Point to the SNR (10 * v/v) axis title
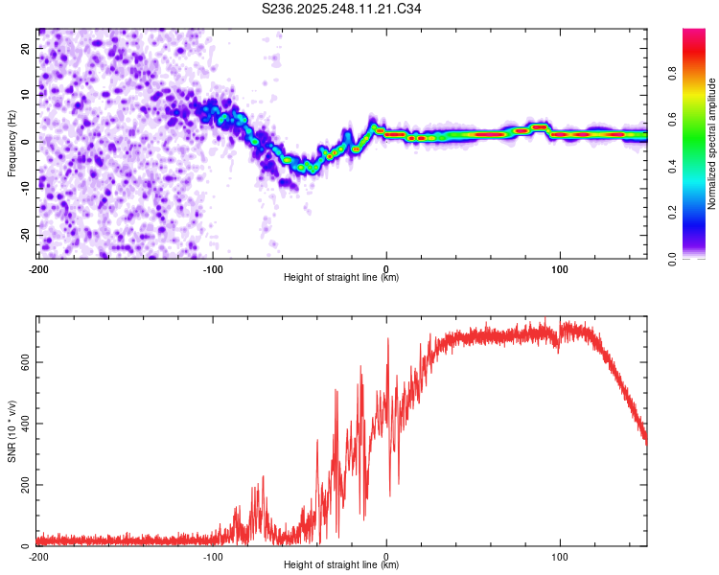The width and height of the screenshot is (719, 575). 12,432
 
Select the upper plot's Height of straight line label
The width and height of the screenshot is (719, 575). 341,277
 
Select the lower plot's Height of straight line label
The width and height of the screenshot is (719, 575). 341,564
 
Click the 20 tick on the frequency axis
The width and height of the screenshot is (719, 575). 26,47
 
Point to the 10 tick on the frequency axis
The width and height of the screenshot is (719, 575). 26,94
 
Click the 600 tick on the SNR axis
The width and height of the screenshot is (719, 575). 22,361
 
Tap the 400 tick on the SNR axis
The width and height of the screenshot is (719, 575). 22,423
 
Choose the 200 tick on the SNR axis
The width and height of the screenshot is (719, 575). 22,485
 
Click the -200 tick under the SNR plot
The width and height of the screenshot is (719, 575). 37,556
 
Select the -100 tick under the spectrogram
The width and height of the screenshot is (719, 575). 212,268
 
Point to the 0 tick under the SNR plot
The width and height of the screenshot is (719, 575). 386,556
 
